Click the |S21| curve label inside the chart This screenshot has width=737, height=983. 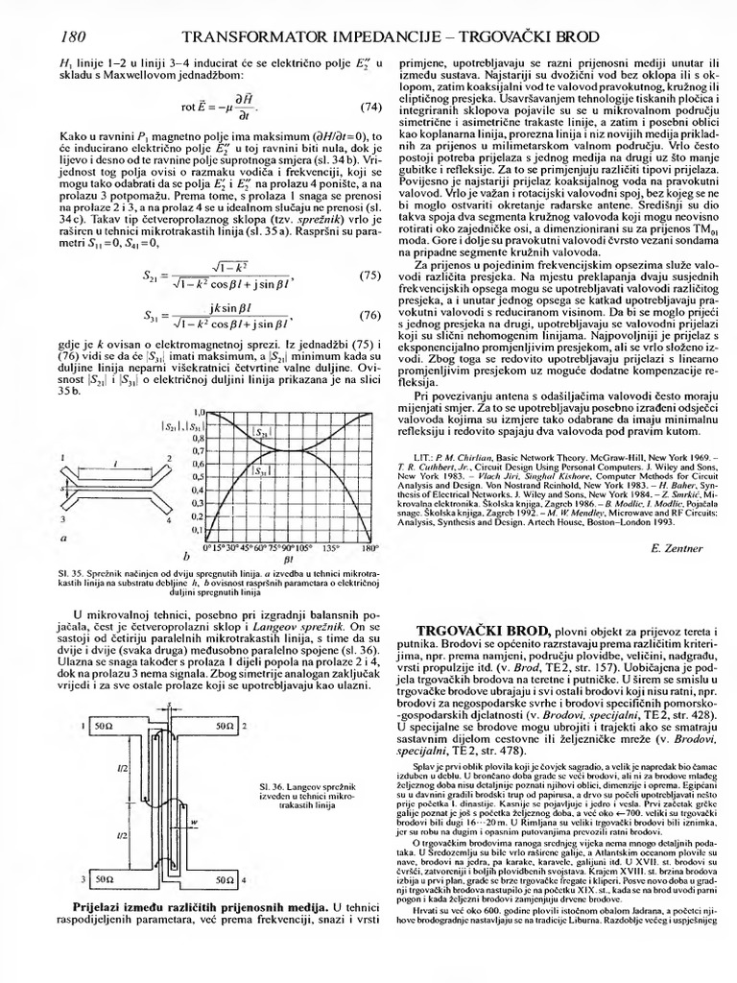coord(263,433)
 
